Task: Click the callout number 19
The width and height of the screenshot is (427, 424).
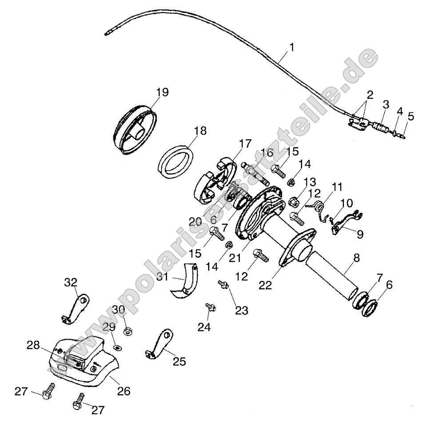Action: point(162,92)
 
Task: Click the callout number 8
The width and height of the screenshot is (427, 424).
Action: point(356,258)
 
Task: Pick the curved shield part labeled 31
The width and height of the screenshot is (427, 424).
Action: point(185,281)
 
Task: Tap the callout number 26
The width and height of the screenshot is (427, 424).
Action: point(124,391)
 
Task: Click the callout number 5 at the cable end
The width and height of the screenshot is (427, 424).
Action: point(411,117)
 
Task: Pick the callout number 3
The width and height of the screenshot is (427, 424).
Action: point(385,105)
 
